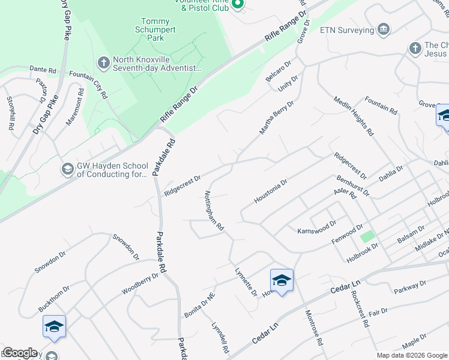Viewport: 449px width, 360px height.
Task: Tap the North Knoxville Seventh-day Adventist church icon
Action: [103, 62]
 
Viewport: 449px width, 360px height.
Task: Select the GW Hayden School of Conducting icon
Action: [67, 170]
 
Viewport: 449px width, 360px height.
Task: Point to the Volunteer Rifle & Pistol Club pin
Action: [237, 4]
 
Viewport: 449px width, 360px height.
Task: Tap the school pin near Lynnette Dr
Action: [282, 280]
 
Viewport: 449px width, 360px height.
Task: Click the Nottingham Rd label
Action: [214, 211]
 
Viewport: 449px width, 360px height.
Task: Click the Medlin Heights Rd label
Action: [354, 116]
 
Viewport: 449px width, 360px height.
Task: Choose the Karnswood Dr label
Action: [317, 230]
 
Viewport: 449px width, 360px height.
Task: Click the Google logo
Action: [19, 353]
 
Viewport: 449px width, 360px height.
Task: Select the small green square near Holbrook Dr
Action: [367, 236]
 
